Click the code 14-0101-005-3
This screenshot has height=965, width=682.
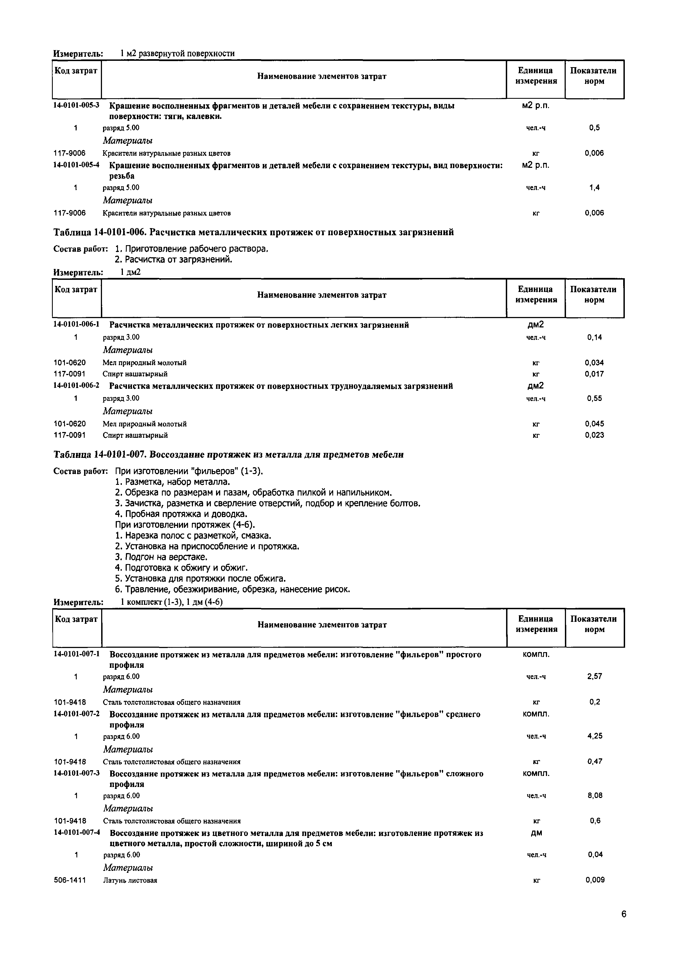click(x=76, y=105)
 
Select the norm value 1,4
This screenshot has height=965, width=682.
click(x=594, y=188)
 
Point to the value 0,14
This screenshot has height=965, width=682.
click(x=594, y=337)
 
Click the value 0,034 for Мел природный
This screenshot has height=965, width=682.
click(x=594, y=363)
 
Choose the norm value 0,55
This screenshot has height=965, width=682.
click(x=594, y=398)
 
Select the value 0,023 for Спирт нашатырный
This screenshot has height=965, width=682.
click(x=594, y=435)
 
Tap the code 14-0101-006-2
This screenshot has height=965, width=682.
click(x=76, y=386)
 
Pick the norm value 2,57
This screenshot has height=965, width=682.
click(x=595, y=676)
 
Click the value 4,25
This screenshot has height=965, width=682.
click(x=595, y=736)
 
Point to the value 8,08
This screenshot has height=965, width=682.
click(x=595, y=795)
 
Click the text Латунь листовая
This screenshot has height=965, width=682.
click(x=130, y=880)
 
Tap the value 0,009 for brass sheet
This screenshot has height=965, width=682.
click(x=595, y=880)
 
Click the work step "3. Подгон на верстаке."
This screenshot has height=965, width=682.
click(x=161, y=557)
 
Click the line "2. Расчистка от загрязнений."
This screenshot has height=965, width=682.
click(x=173, y=260)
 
